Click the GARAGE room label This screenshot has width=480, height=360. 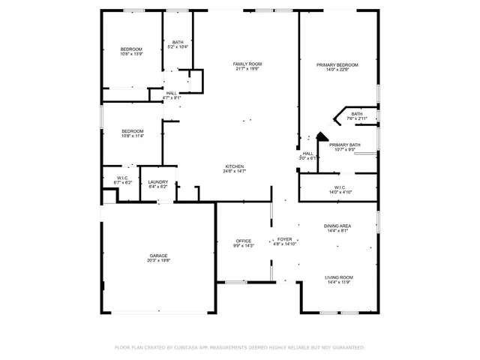pyautogui.click(x=158, y=256)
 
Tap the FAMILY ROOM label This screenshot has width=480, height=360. pyautogui.click(x=247, y=64)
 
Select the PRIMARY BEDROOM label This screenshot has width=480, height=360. pyautogui.click(x=337, y=65)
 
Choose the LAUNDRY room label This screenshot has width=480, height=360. pyautogui.click(x=157, y=181)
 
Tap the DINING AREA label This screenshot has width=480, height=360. pyautogui.click(x=337, y=225)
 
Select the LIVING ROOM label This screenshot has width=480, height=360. pyautogui.click(x=339, y=277)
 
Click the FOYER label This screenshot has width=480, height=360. pyautogui.click(x=285, y=238)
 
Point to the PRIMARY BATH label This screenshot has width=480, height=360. pyautogui.click(x=344, y=145)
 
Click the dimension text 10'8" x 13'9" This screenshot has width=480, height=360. pyautogui.click(x=132, y=54)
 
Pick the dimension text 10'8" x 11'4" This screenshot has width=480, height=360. pyautogui.click(x=132, y=136)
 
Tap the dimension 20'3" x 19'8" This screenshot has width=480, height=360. pyautogui.click(x=158, y=261)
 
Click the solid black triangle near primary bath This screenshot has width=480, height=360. pyautogui.click(x=321, y=136)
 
